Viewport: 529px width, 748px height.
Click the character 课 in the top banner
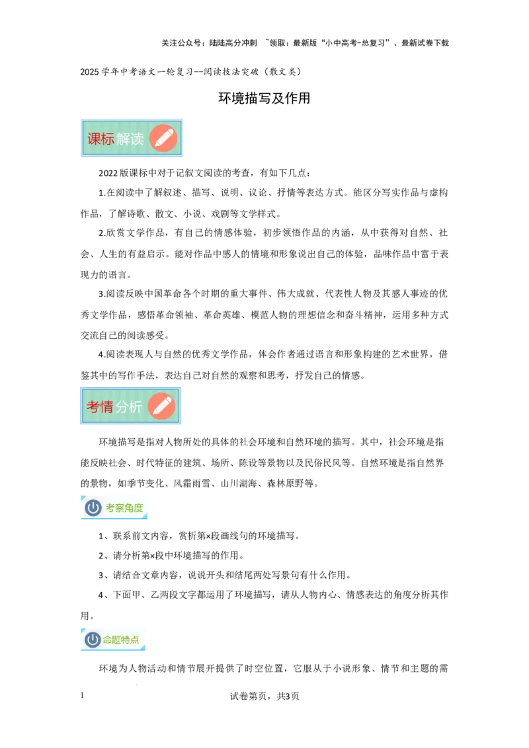click(95, 139)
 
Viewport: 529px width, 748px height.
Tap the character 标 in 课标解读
click(108, 139)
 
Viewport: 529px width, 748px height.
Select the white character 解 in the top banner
click(124, 139)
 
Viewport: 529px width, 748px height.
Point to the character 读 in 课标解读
click(137, 139)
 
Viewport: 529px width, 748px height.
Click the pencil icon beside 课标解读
click(163, 138)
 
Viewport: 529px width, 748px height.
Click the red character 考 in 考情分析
click(93, 407)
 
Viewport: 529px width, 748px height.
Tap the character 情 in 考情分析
click(106, 407)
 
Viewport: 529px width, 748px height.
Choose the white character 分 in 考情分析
click(122, 407)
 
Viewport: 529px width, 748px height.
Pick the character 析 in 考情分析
click(136, 407)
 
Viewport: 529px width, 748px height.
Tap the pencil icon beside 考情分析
click(161, 406)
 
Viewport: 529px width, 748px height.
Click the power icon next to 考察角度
click(93, 507)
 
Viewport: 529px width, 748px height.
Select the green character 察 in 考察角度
click(120, 508)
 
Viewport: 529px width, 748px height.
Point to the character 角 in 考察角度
click(129, 508)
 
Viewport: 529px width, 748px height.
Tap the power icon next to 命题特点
click(93, 640)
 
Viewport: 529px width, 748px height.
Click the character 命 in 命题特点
click(108, 640)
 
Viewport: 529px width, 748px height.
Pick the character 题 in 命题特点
click(117, 640)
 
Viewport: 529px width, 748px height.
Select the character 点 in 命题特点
click(135, 640)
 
